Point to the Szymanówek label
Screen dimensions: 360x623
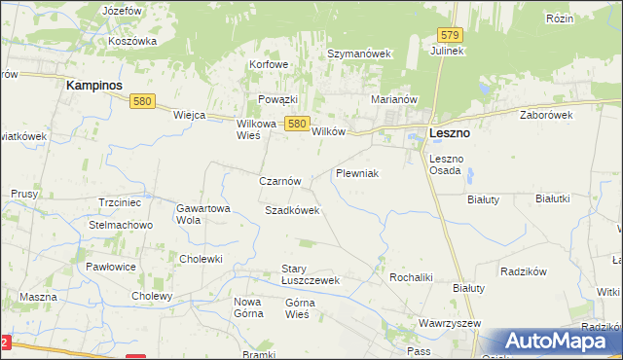[358, 54]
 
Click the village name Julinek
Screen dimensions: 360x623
[449, 51]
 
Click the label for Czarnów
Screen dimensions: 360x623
[285, 181]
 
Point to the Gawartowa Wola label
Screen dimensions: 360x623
[202, 214]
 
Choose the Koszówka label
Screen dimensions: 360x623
[133, 41]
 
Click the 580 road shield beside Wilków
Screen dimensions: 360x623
[298, 124]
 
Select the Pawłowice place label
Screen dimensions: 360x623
[110, 266]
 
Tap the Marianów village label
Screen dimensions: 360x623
[394, 99]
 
